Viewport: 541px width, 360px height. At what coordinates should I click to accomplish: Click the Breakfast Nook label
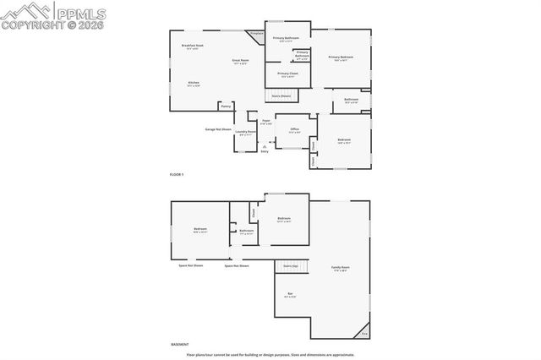pyautogui.click(x=193, y=46)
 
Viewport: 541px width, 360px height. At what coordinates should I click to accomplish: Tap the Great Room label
pyautogui.click(x=240, y=61)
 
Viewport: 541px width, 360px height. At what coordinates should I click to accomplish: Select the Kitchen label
pyautogui.click(x=194, y=83)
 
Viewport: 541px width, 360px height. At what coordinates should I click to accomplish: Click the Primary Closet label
pyautogui.click(x=287, y=74)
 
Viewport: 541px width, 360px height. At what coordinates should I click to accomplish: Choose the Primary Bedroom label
pyautogui.click(x=341, y=57)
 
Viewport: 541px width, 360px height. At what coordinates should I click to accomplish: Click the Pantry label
pyautogui.click(x=225, y=106)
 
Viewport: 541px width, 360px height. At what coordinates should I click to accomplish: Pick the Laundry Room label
pyautogui.click(x=246, y=133)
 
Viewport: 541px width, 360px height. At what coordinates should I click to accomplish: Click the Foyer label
pyautogui.click(x=265, y=122)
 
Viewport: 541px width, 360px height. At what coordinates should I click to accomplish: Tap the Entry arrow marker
pyautogui.click(x=265, y=146)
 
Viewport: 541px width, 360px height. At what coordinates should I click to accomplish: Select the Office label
pyautogui.click(x=293, y=130)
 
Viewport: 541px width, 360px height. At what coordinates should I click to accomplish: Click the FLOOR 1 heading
pyautogui.click(x=176, y=173)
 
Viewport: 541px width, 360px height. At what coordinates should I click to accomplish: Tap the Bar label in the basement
pyautogui.click(x=289, y=294)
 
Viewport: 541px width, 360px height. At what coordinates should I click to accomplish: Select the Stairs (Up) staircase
pyautogui.click(x=291, y=265)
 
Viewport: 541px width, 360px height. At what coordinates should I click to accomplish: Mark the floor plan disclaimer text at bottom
pyautogui.click(x=270, y=354)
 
